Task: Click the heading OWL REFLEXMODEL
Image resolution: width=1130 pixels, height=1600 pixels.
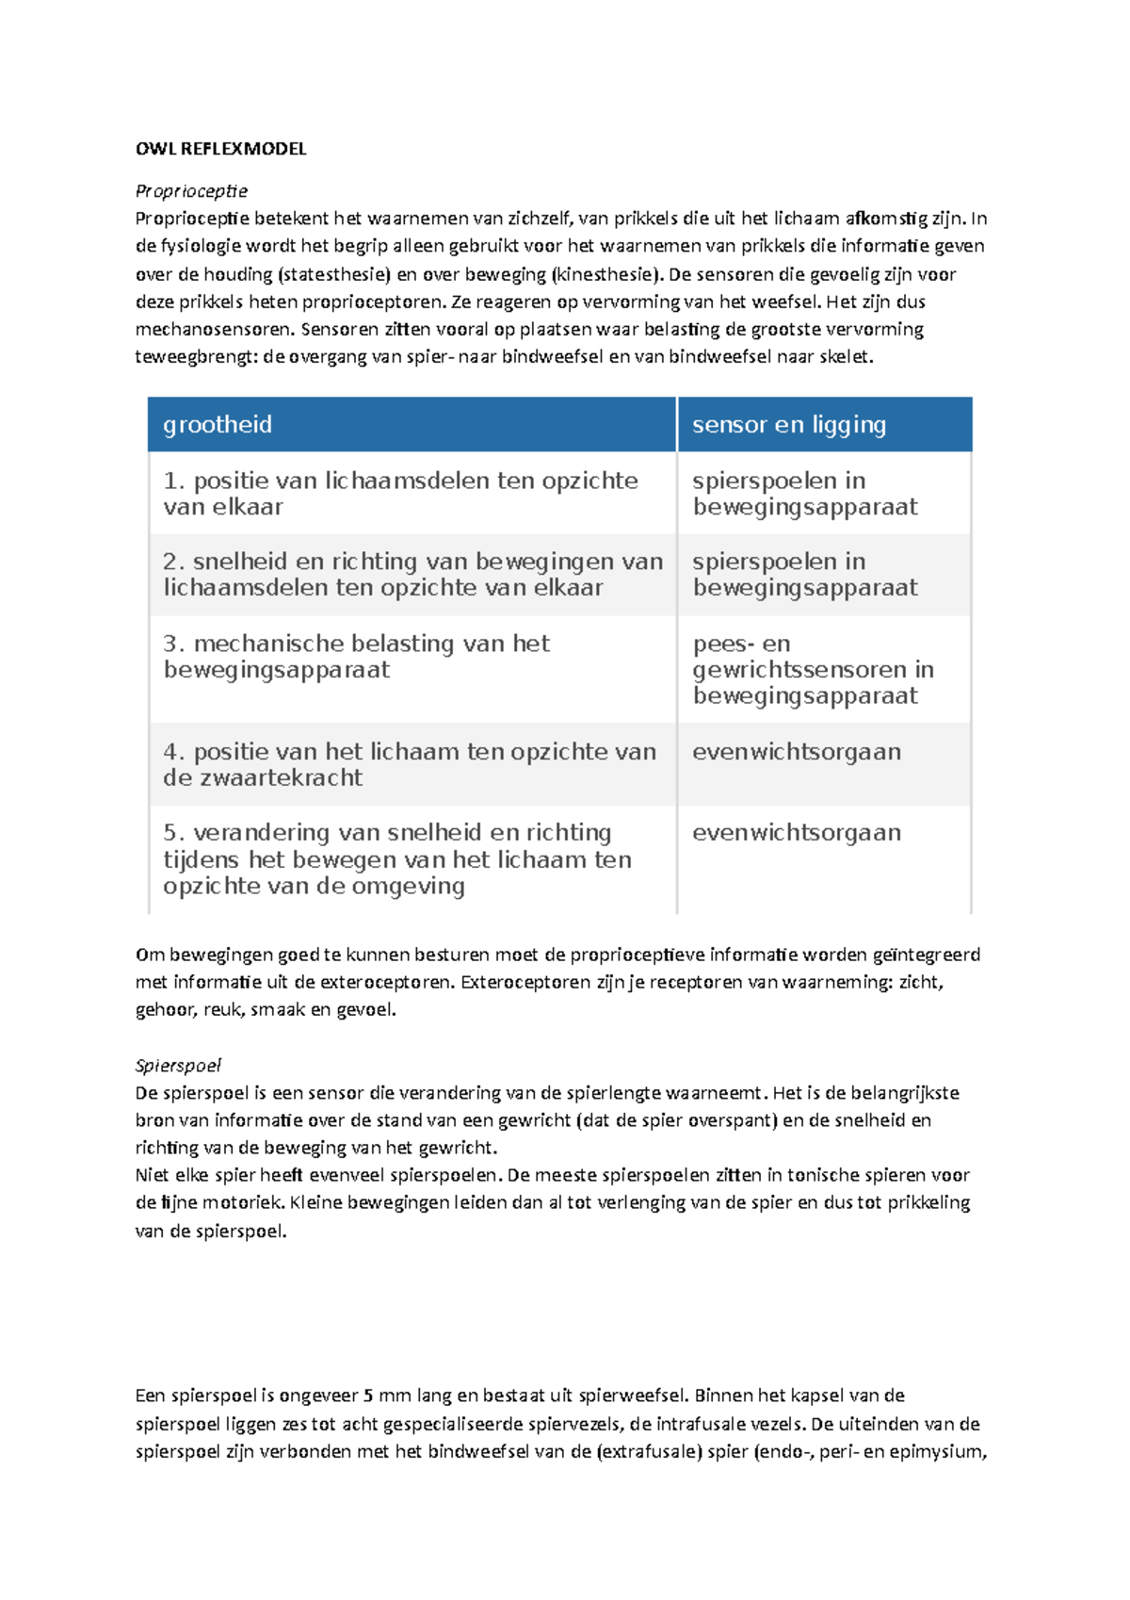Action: (220, 149)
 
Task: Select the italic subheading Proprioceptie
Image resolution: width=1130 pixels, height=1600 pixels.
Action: (191, 191)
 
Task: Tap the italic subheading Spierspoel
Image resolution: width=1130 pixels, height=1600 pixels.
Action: (178, 1066)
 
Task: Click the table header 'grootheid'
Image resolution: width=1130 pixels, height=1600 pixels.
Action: (218, 425)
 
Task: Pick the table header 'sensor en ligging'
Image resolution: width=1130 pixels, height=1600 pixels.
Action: (789, 425)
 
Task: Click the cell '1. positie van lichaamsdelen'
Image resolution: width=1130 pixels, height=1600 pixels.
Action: (400, 494)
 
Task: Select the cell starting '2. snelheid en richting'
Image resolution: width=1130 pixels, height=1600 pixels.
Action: (412, 575)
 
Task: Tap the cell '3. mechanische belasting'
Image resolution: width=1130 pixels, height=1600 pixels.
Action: (356, 657)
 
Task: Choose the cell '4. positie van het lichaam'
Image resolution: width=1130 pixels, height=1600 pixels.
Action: (409, 764)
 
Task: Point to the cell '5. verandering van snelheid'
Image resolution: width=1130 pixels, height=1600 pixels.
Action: (396, 859)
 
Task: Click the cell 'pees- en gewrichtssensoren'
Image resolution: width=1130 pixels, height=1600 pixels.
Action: (813, 670)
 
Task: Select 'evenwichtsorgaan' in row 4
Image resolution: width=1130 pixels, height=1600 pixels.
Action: (797, 752)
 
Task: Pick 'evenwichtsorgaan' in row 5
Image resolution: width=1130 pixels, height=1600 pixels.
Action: (797, 833)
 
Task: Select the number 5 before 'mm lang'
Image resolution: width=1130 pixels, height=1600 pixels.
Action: (368, 1396)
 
